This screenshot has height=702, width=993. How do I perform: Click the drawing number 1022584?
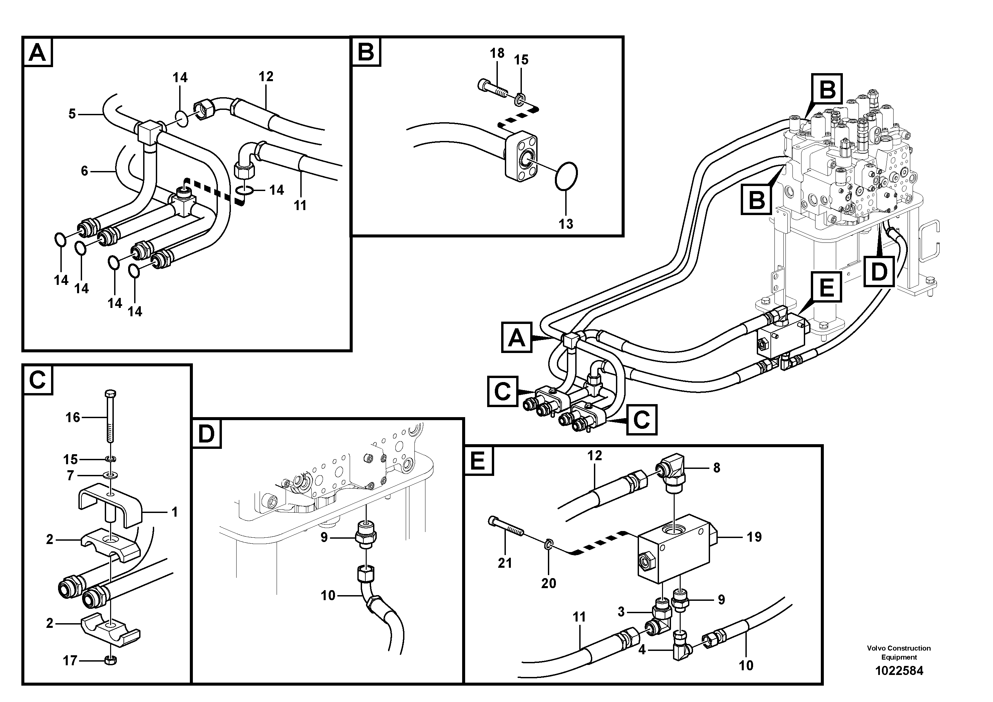(x=899, y=671)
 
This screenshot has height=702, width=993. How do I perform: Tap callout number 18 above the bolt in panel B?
(x=497, y=53)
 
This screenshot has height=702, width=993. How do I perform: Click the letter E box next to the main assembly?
(x=826, y=287)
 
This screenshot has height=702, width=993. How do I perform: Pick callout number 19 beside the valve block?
(x=754, y=537)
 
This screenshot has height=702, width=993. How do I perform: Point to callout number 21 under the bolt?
(x=505, y=563)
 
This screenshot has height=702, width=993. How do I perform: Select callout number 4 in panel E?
(x=642, y=650)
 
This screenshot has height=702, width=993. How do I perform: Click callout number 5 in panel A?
(x=72, y=114)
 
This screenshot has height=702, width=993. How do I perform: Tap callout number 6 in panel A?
(x=84, y=171)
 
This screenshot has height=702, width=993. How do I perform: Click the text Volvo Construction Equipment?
(x=898, y=653)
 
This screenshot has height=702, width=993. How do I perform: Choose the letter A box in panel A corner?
(x=38, y=52)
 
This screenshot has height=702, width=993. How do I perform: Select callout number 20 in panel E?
(x=549, y=583)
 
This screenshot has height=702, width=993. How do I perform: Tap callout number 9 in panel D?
(x=324, y=538)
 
